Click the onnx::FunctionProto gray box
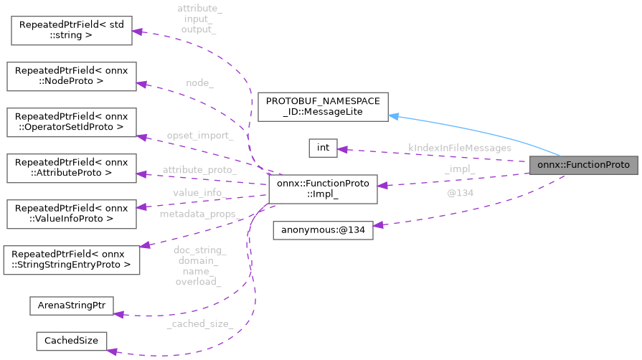(x=582, y=165)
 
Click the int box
(x=323, y=148)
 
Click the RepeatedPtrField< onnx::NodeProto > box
(x=70, y=76)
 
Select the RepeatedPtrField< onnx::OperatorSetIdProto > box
(x=70, y=123)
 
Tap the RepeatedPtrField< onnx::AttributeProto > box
(x=70, y=168)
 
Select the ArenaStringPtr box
(x=71, y=305)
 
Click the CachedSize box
(x=71, y=341)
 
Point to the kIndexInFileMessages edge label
(x=459, y=148)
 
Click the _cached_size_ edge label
(x=199, y=324)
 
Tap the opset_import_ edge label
(x=199, y=136)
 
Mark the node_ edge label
(x=199, y=83)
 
